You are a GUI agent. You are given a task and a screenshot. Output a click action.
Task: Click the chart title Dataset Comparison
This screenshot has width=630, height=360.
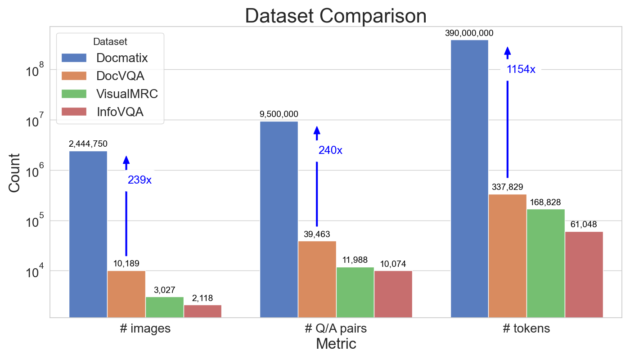coord(336,16)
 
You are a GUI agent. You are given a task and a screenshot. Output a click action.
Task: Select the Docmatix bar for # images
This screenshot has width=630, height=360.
coord(88,234)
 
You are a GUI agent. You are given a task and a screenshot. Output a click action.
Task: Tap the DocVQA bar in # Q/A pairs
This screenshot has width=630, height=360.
coord(317,279)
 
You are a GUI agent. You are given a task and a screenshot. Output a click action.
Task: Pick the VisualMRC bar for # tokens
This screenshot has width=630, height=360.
coord(545,263)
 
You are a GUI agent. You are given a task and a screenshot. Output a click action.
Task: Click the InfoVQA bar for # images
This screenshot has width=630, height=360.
coord(202,311)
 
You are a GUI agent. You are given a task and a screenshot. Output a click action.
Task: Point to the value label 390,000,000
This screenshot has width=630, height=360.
coord(469,33)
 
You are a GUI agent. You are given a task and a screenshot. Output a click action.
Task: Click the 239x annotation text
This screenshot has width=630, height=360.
coord(139,180)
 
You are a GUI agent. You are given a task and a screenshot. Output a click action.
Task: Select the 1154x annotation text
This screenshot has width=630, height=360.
coord(521,69)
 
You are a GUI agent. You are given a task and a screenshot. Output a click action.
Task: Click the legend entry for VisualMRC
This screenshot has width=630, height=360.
coord(126,94)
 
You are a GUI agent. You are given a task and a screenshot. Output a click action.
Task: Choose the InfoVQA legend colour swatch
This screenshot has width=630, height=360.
coord(73,112)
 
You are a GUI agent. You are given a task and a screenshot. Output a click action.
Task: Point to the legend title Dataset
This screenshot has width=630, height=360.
coord(110,42)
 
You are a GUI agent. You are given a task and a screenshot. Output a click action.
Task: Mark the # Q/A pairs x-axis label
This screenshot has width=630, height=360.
coord(336,328)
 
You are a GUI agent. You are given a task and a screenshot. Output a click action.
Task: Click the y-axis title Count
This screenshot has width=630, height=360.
coord(14,173)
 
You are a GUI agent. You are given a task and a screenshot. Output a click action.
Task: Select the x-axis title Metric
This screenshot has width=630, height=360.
coord(336,344)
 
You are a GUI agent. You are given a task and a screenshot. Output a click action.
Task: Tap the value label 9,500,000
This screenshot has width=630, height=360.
coord(279,114)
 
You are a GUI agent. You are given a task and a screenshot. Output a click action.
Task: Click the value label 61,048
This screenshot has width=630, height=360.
coord(584,225)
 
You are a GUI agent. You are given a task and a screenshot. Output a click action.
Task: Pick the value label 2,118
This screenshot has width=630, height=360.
coord(202,298)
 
